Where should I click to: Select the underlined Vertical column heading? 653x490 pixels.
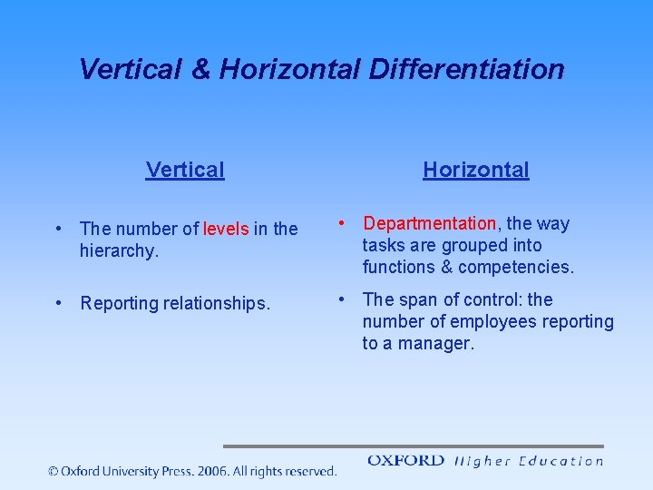click(x=185, y=170)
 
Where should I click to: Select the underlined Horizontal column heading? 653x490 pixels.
click(x=475, y=170)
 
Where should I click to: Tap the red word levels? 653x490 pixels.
click(x=226, y=230)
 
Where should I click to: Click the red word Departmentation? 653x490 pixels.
click(x=429, y=223)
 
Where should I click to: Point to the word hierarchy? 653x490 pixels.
click(x=117, y=251)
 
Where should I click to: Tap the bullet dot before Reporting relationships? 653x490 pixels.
click(x=57, y=303)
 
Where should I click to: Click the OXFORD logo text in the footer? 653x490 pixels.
click(x=405, y=461)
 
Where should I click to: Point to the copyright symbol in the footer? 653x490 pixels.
click(x=54, y=471)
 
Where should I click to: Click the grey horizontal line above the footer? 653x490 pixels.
click(x=413, y=446)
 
